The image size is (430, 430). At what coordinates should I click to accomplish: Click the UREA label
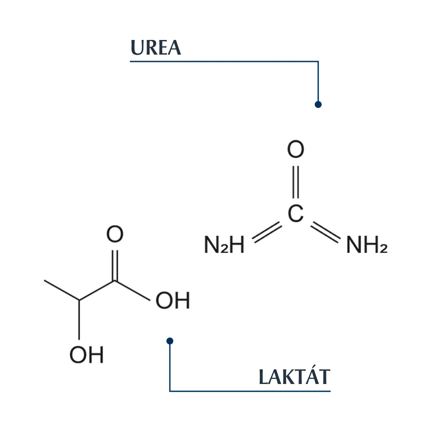click(156, 48)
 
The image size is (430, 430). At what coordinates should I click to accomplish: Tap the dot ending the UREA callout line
click(318, 104)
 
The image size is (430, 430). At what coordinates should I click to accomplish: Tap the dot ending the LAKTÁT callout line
click(170, 341)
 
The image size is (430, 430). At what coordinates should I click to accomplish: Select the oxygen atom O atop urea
click(296, 149)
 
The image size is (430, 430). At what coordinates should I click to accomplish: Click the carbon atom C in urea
click(296, 213)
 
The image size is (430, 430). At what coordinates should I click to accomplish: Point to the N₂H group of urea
click(224, 245)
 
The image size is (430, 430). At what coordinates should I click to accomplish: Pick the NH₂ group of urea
click(367, 245)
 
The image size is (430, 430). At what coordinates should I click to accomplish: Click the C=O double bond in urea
click(296, 182)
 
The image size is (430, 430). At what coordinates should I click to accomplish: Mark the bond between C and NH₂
click(326, 232)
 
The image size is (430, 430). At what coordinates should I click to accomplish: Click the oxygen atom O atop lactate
click(115, 234)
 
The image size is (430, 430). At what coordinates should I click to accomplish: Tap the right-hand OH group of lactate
click(173, 300)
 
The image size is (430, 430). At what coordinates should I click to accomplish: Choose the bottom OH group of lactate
click(87, 355)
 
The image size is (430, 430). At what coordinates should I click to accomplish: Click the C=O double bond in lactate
click(115, 265)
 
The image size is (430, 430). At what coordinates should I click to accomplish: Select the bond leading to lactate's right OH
click(132, 291)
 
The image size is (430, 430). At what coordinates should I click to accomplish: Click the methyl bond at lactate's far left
click(61, 290)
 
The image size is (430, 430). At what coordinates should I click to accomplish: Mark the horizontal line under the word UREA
click(224, 61)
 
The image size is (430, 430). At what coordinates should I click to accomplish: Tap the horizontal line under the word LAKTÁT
click(250, 391)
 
